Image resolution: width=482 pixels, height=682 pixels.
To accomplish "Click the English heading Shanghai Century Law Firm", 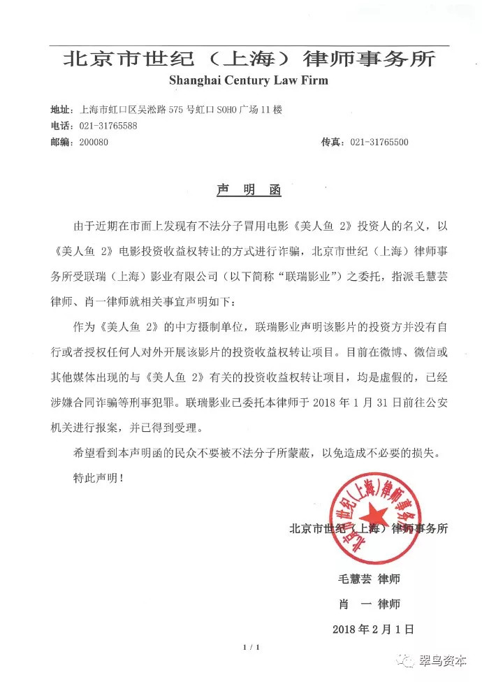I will tap(248, 80).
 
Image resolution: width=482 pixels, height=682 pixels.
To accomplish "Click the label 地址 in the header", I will tap(61, 110).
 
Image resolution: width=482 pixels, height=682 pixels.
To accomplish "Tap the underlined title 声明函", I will tap(248, 190).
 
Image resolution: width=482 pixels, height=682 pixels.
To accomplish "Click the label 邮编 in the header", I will tap(61, 143).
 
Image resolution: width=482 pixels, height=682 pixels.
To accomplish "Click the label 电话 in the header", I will tap(61, 126).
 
